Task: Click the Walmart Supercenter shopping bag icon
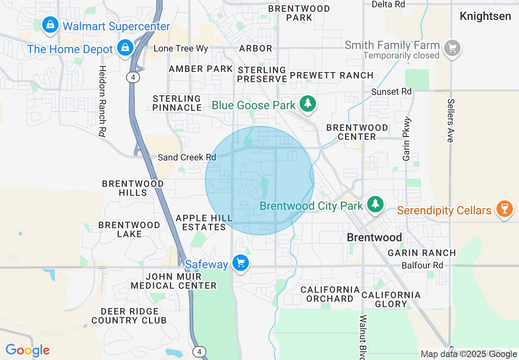coord(50,25)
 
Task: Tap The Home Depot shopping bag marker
coord(125,47)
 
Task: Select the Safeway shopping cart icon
coord(241,263)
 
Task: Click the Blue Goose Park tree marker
coord(308,103)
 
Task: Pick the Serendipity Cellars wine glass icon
coord(504,208)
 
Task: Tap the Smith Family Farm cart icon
coord(452,48)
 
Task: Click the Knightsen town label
coord(485,16)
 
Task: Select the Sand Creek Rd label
coord(187,157)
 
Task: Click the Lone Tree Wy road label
coord(181,49)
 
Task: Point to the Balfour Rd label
coord(422,265)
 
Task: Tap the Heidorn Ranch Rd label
coord(102,101)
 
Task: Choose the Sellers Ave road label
coord(451,120)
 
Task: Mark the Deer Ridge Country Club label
coord(129,316)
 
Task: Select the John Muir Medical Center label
coord(174,281)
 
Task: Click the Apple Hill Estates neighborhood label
coord(204,223)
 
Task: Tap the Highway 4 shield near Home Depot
coord(133,77)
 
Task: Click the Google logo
coord(28,351)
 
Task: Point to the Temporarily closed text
coord(401,55)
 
